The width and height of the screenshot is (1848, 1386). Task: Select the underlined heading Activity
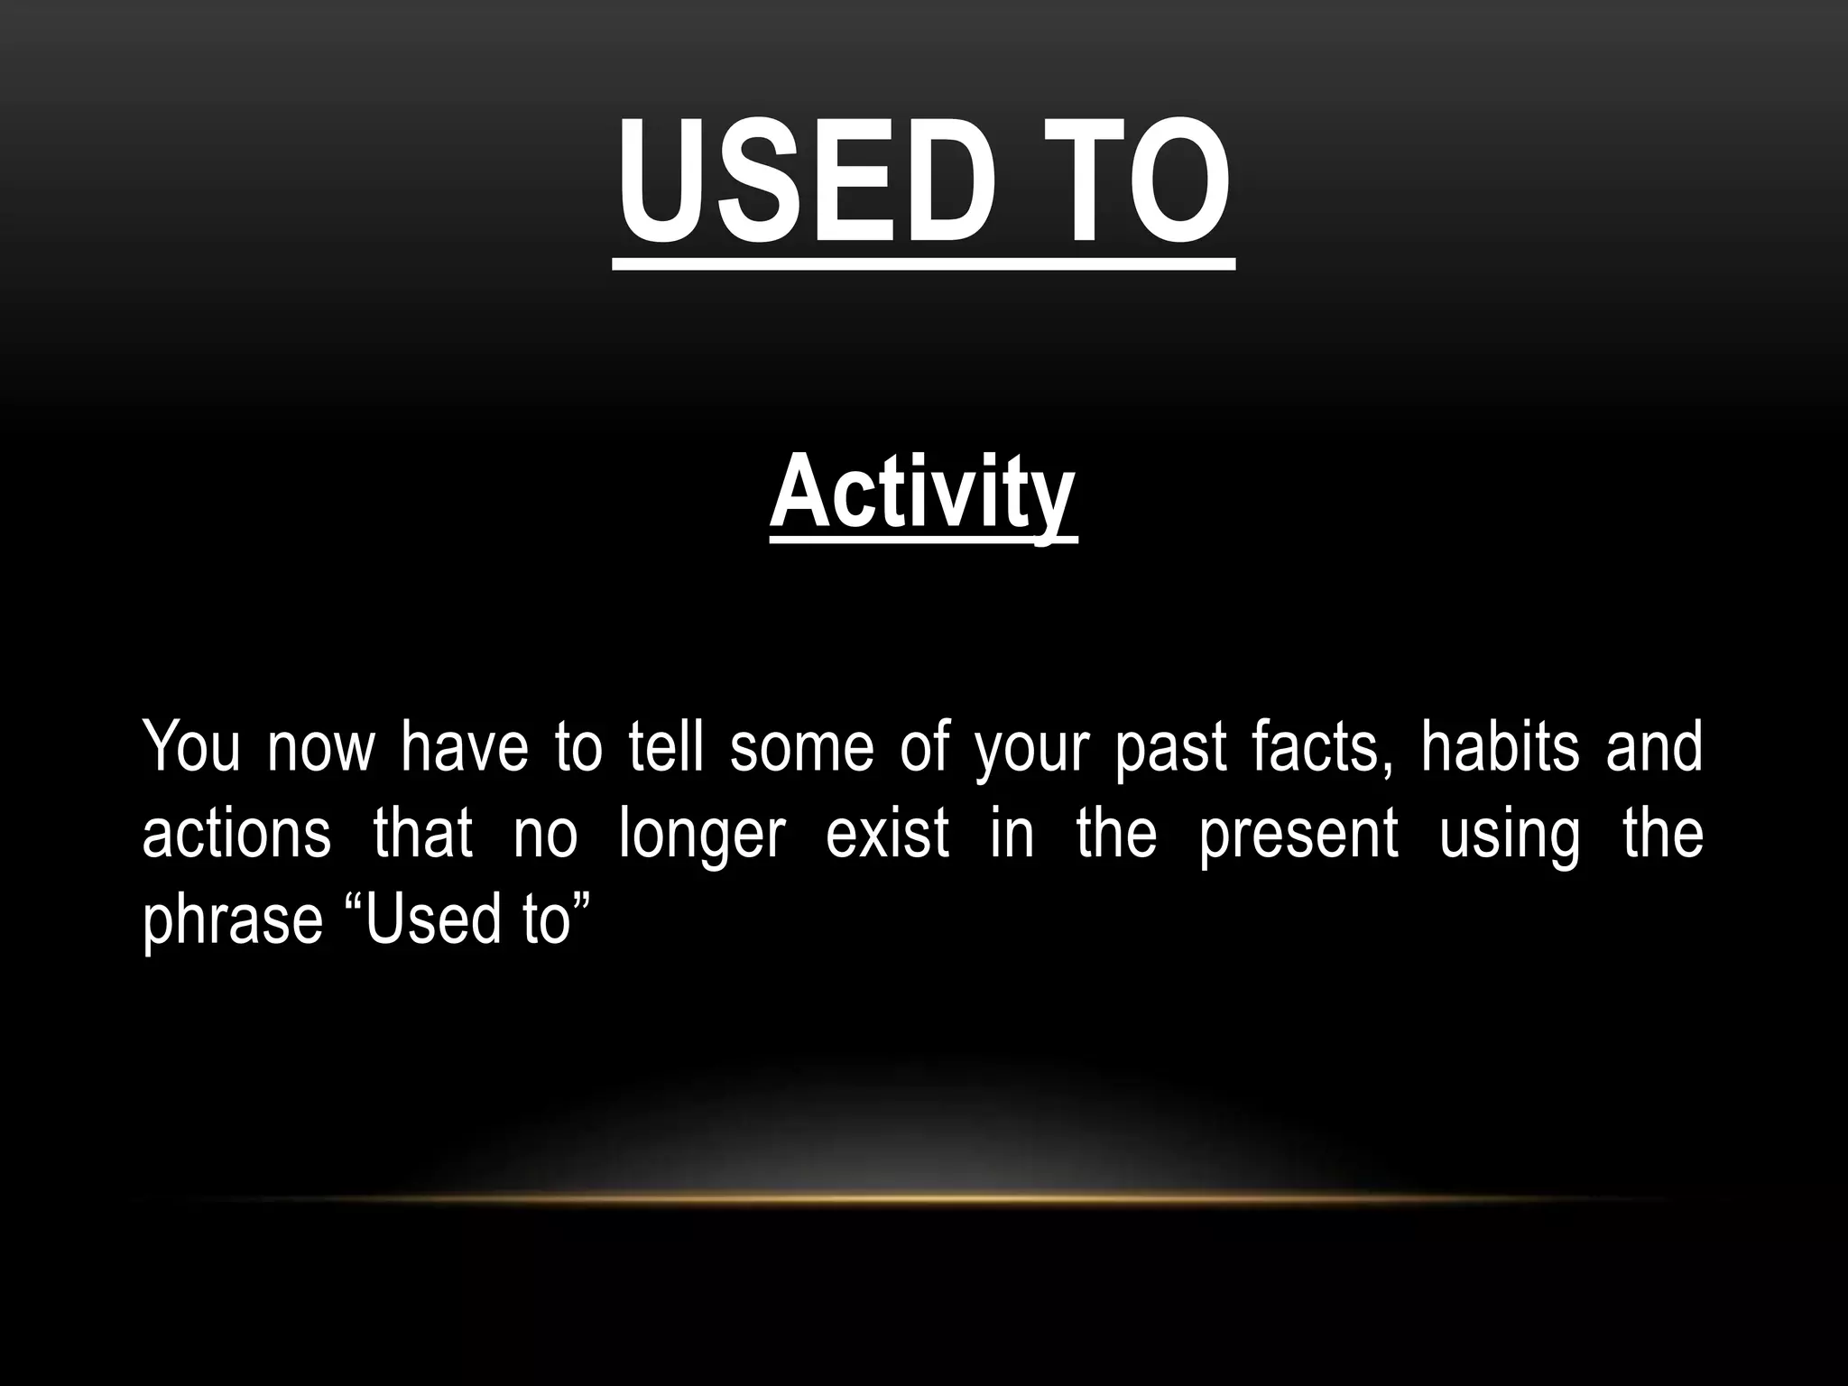click(923, 494)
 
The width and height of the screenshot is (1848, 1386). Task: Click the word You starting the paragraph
click(190, 747)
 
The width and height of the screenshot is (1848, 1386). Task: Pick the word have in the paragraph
click(464, 747)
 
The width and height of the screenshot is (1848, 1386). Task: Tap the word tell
click(666, 747)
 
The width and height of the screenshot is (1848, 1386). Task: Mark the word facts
click(1321, 747)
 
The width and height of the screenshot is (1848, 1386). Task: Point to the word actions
click(236, 833)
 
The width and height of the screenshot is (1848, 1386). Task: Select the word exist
click(887, 833)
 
